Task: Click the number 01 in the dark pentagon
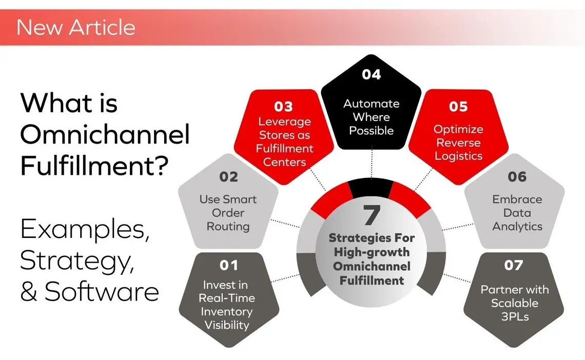229,265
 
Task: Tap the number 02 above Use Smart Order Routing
229,177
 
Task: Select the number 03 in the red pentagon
283,106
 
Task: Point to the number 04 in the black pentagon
371,75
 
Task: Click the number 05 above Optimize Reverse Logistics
458,106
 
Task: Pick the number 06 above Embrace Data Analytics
517,177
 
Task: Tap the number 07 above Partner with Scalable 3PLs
514,265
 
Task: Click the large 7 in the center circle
371,216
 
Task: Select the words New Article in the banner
76,27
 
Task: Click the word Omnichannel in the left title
105,135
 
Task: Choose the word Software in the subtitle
101,291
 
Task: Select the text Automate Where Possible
371,117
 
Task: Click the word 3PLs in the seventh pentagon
514,316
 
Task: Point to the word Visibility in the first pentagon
227,325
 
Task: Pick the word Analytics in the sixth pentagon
517,226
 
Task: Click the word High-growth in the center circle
371,252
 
